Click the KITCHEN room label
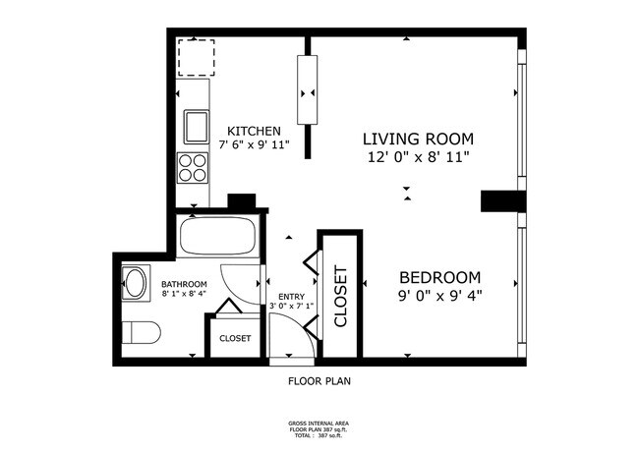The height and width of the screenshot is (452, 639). (x=255, y=131)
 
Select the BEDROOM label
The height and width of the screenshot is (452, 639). (x=439, y=277)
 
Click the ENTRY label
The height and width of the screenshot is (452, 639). (x=291, y=296)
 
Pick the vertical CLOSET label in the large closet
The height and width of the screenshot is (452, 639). (x=341, y=296)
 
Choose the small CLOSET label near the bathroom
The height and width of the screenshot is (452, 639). (x=235, y=338)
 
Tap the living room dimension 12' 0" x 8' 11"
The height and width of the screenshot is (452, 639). (x=419, y=156)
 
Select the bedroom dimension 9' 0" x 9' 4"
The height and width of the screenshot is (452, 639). (x=439, y=294)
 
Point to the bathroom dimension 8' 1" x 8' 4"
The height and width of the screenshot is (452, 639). (x=184, y=293)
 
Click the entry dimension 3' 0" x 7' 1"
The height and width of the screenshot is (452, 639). (x=291, y=306)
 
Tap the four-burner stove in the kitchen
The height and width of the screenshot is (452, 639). (x=194, y=168)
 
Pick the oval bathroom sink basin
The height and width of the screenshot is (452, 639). (x=136, y=284)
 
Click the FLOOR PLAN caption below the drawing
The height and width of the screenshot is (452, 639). (x=319, y=380)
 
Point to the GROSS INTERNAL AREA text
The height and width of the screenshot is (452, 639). (x=319, y=424)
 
